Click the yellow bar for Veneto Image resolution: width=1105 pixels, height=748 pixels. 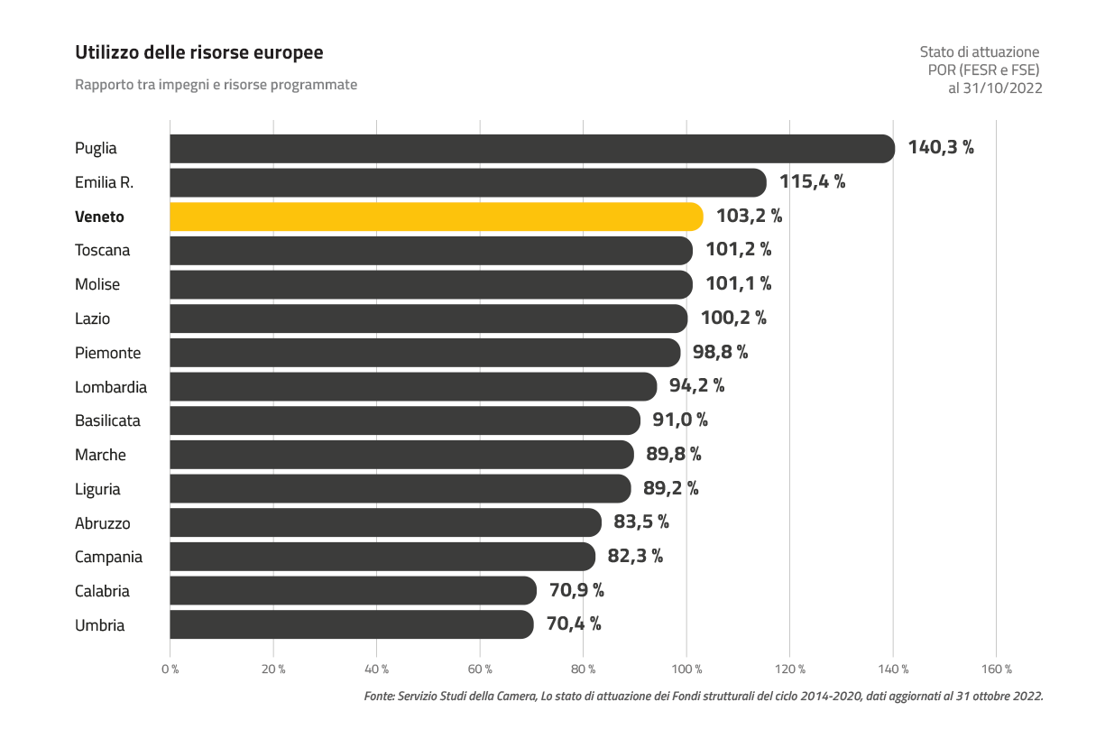coord(436,217)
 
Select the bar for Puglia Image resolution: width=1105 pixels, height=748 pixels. coord(531,149)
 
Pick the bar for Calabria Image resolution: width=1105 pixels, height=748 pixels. coord(353,591)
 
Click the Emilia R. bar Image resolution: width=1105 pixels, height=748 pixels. coord(467,182)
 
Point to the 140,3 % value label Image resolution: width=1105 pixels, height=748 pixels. coord(940,148)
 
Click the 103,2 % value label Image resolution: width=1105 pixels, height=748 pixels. coord(749,217)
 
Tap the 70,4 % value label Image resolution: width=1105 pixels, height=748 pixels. coord(574,624)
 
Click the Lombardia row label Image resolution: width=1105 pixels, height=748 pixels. coord(111,387)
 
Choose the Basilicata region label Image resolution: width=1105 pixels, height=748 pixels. coord(107,420)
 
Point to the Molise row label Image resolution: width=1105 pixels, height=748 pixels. coord(97,284)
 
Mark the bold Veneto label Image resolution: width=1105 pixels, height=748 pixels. coord(99,217)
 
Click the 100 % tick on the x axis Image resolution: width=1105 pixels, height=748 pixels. coord(686,670)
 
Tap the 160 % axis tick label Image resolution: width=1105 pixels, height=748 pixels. coord(996,670)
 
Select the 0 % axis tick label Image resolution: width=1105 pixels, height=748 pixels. coord(170,670)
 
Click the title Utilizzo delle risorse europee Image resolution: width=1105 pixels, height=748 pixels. coord(198,53)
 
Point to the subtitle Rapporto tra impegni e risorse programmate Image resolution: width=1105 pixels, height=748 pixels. coord(216,85)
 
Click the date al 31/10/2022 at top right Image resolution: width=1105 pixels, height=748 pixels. coord(995,88)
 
